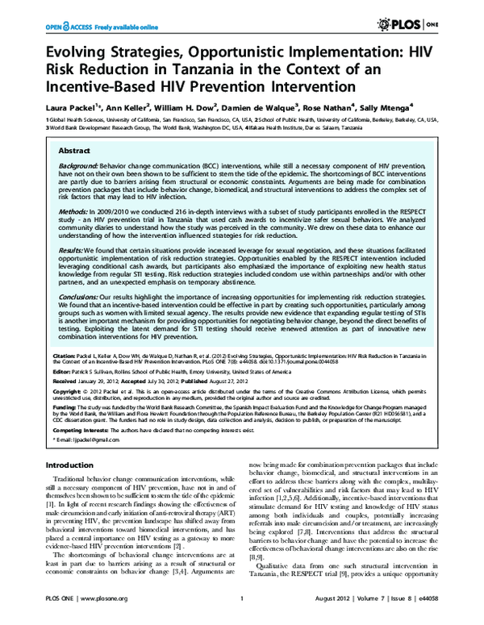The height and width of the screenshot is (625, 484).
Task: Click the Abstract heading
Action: (75, 151)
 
